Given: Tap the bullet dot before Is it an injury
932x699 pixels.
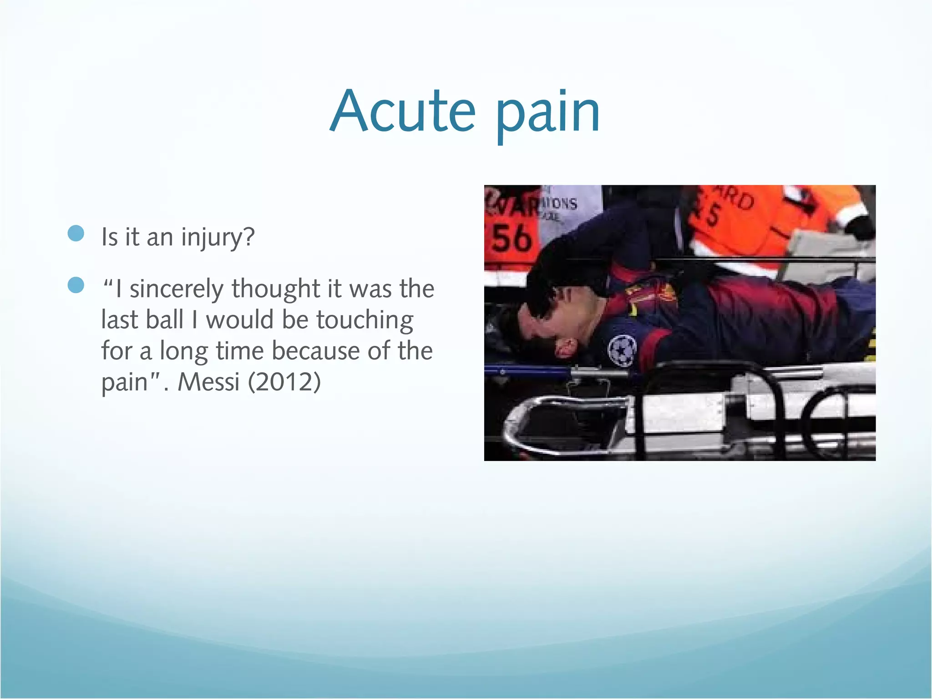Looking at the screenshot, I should pos(76,233).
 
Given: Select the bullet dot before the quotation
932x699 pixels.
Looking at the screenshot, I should pos(76,285).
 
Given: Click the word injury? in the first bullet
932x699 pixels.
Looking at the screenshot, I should pos(218,238).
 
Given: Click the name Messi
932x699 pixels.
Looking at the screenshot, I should pos(208,382).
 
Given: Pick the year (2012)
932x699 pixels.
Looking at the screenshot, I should pos(284,382).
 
